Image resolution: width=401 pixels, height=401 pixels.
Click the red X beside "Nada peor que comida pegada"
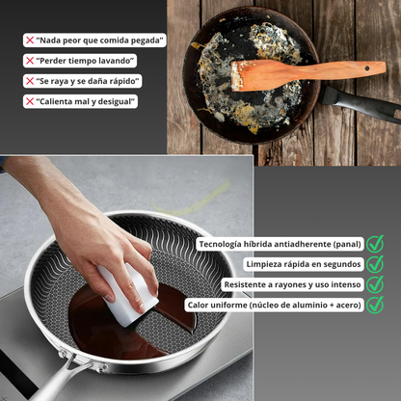click(30, 40)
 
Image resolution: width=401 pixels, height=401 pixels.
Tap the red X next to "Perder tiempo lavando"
click(30, 61)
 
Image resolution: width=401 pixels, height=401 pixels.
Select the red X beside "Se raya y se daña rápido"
click(30, 81)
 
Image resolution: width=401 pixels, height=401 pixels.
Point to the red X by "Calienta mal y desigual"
click(30, 101)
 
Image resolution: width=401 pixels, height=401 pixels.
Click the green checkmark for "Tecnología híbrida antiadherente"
click(375, 244)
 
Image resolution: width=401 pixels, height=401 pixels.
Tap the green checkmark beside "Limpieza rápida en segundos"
click(375, 264)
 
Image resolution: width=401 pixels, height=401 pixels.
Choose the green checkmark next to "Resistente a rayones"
click(375, 284)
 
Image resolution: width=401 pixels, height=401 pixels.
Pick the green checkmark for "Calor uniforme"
click(375, 305)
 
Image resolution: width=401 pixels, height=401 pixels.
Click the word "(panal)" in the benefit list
click(347, 244)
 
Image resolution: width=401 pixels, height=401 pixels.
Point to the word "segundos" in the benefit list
click(342, 265)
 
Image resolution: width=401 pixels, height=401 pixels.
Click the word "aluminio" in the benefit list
click(309, 305)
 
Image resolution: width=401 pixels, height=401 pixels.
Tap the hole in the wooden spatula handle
click(367, 68)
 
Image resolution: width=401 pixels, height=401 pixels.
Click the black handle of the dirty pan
click(360, 103)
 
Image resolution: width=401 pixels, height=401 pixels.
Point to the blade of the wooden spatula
click(254, 75)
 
